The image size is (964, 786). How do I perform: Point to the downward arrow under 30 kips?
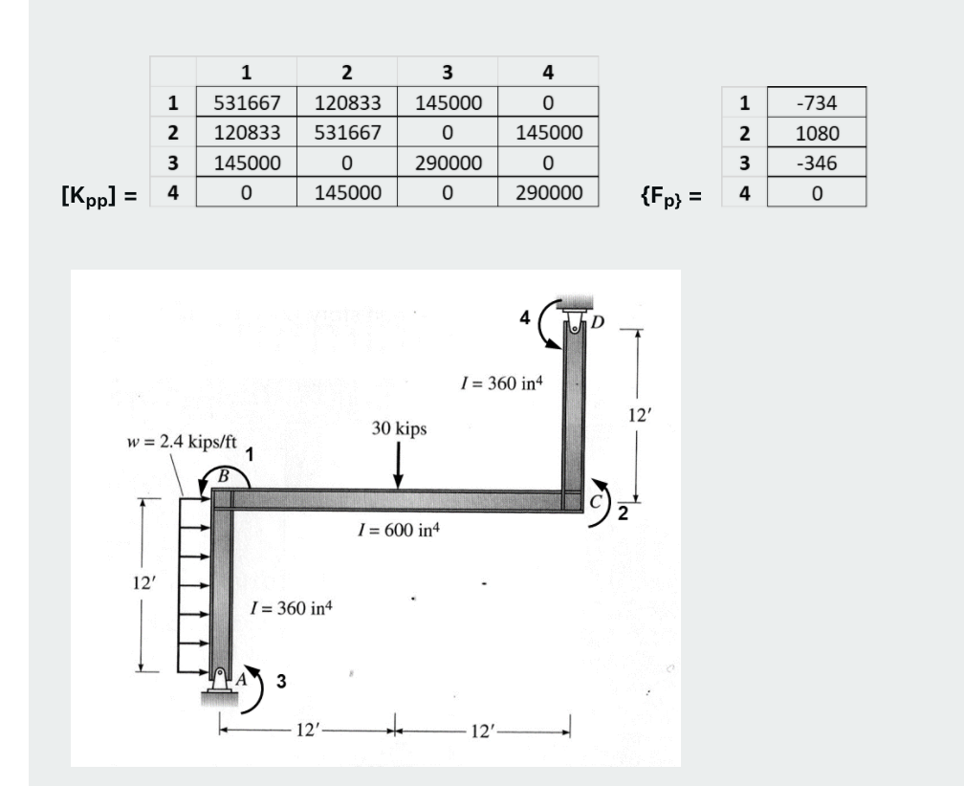pos(398,465)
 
